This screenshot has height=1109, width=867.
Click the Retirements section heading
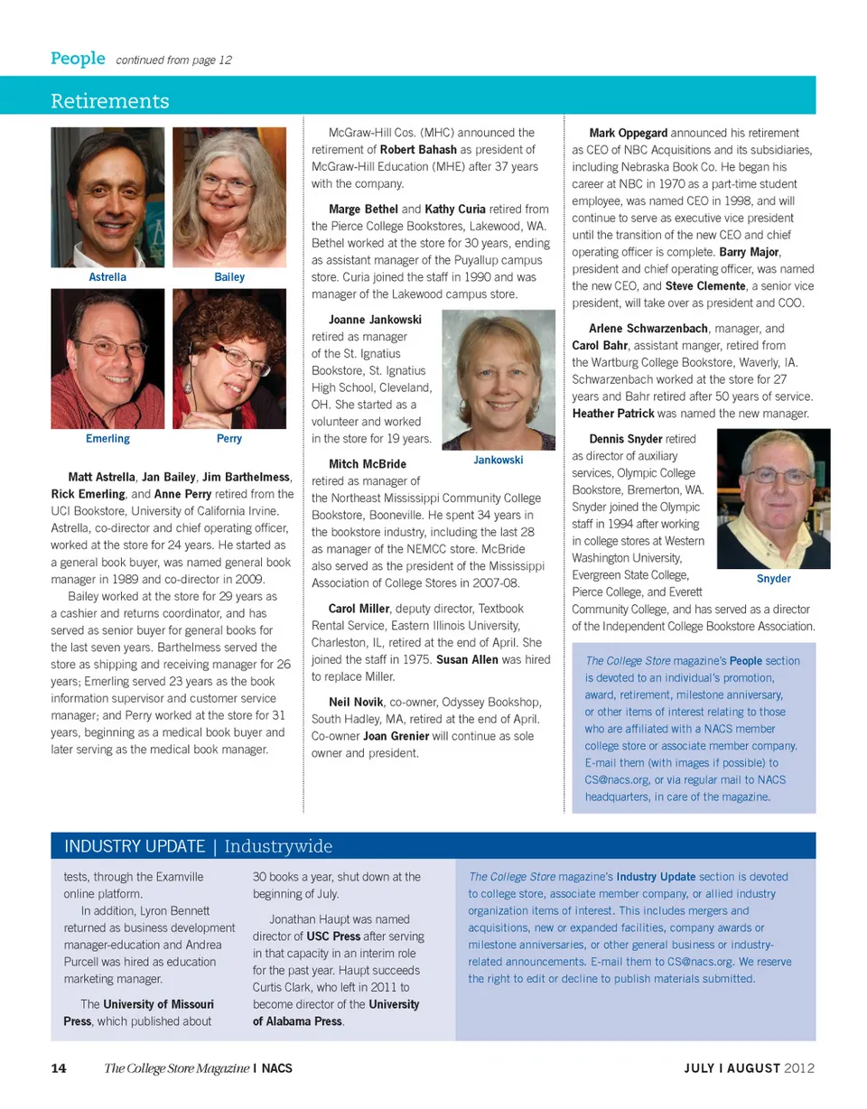[x=110, y=99]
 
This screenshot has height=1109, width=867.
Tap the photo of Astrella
[x=107, y=197]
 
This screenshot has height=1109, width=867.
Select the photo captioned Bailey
[x=229, y=197]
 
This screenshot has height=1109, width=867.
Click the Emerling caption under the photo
[x=107, y=439]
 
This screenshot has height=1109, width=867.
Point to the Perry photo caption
[x=229, y=439]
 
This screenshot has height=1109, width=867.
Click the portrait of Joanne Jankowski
[x=499, y=379]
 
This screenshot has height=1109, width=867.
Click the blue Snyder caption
[x=773, y=579]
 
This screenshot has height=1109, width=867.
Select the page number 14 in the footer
[x=58, y=1068]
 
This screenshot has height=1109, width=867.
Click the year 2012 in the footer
[x=800, y=1068]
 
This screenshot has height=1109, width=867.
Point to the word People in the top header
[x=78, y=60]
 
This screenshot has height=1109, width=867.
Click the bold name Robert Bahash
[x=418, y=149]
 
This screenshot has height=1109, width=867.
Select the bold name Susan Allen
[x=468, y=660]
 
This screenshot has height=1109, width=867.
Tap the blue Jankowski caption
[x=499, y=461]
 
